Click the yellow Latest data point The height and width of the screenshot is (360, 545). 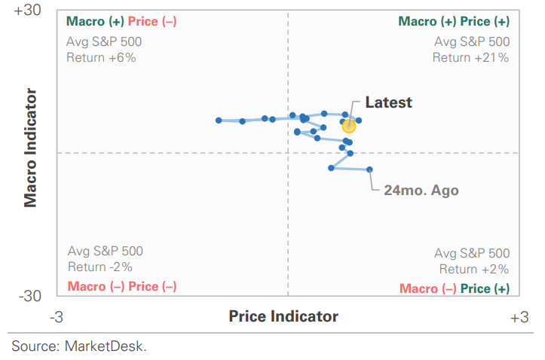click(x=348, y=126)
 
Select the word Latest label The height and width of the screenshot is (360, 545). click(x=388, y=102)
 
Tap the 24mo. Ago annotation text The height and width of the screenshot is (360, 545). click(x=421, y=191)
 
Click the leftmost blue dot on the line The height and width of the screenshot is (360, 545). click(x=219, y=121)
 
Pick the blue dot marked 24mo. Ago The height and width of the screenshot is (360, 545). click(x=369, y=169)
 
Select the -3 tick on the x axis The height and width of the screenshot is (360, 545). click(x=57, y=318)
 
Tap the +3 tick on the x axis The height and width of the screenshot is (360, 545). click(x=519, y=318)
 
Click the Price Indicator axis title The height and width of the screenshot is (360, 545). click(x=283, y=317)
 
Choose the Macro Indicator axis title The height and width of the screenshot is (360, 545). click(x=30, y=148)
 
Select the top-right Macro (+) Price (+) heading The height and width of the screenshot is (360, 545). click(x=453, y=22)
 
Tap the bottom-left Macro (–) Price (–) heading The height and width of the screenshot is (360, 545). click(x=122, y=286)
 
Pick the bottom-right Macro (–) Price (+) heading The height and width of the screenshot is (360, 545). click(x=454, y=288)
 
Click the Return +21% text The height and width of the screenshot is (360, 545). click(x=470, y=57)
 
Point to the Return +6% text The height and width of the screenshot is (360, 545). click(x=101, y=57)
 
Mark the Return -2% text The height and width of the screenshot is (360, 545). click(x=100, y=267)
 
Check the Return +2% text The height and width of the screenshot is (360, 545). click(x=473, y=269)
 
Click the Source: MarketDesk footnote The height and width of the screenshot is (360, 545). click(x=78, y=346)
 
